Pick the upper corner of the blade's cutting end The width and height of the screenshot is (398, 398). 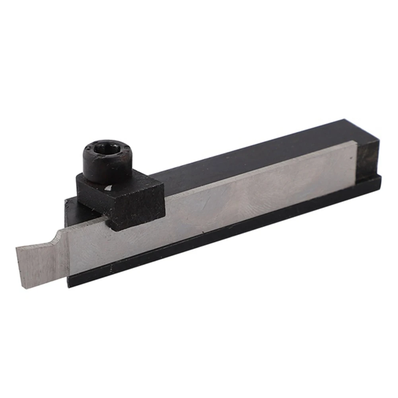[x=17, y=247]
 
